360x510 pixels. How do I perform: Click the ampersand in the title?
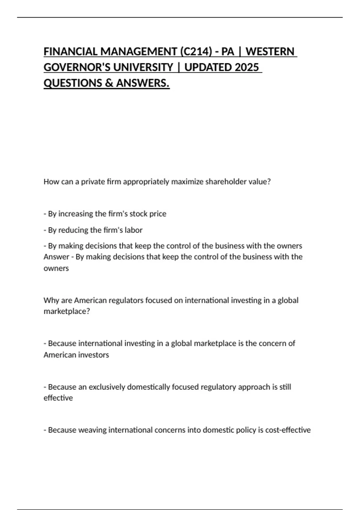109,83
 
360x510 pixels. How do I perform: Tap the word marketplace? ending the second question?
67,311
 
